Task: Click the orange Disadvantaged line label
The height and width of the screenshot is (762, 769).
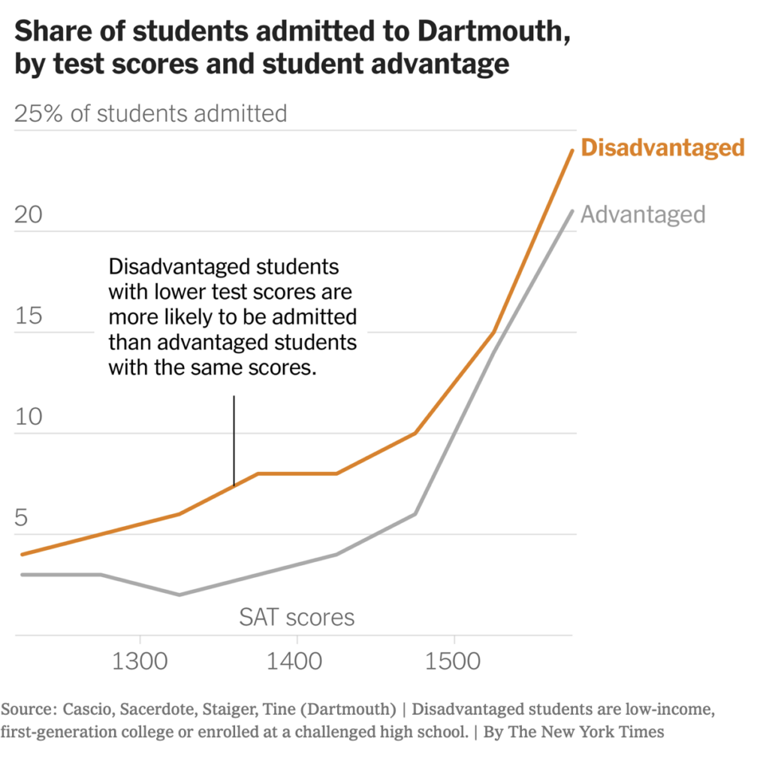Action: click(x=662, y=147)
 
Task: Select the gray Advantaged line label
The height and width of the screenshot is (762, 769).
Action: click(x=643, y=214)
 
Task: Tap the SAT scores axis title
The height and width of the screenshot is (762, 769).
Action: click(x=297, y=618)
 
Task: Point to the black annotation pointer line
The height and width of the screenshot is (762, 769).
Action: click(x=234, y=440)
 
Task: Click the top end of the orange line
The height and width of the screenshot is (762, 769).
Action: click(x=572, y=150)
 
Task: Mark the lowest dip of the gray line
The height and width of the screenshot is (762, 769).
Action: click(x=179, y=594)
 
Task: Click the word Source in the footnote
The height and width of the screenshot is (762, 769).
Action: click(x=27, y=709)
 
